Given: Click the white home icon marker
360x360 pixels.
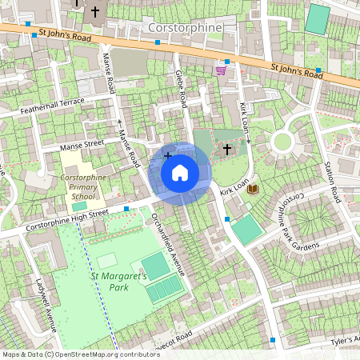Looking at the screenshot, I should click(180, 173).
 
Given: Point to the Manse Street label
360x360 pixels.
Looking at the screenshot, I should click(83, 145).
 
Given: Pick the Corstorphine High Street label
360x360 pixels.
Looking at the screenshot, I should click(66, 218).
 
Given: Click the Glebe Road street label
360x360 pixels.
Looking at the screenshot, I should click(182, 88).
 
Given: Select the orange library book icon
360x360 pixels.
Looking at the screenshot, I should click(253, 189).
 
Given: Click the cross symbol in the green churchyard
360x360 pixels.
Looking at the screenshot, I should click(226, 148).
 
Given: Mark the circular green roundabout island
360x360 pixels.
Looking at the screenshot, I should click(282, 143).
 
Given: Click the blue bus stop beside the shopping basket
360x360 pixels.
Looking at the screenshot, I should click(227, 62).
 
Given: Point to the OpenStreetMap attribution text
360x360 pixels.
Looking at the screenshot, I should click(81, 354).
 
